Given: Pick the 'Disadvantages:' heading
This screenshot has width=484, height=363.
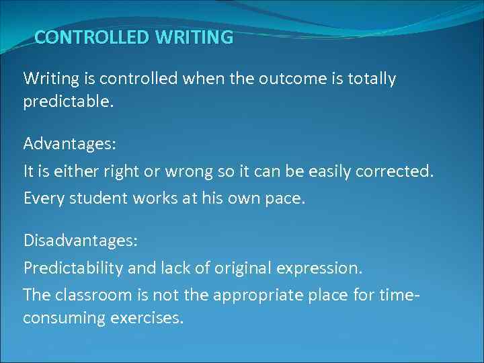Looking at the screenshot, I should click(76, 239).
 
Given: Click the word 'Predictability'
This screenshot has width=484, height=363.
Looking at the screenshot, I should click(73, 268).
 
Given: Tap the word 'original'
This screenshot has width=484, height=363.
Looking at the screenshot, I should click(239, 268).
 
